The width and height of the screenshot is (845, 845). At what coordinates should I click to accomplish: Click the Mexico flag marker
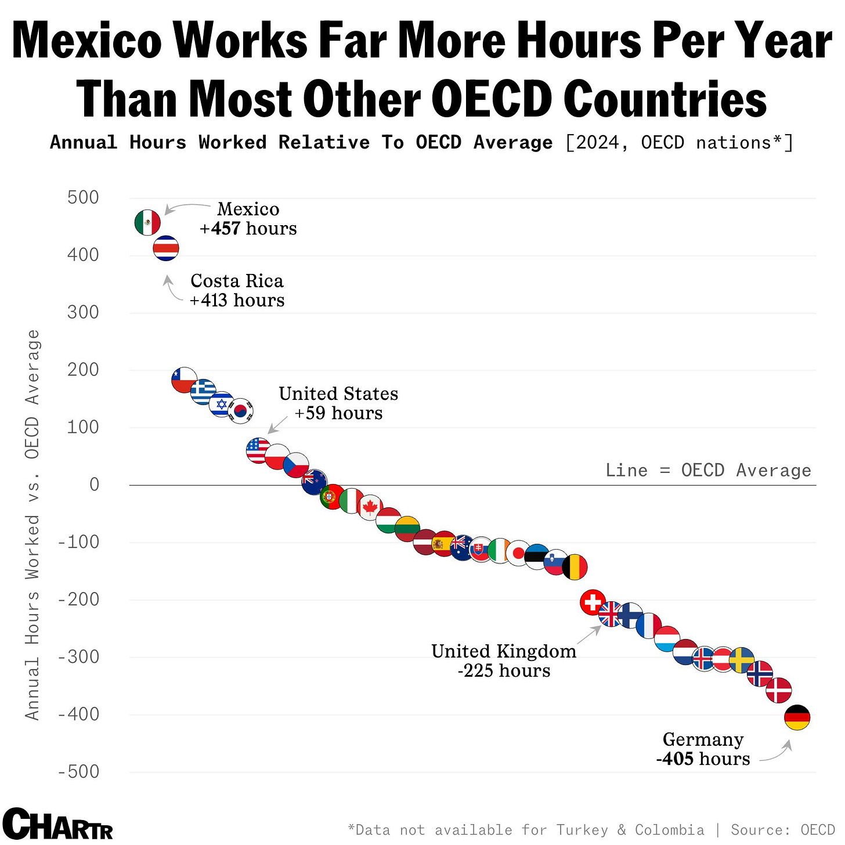click(x=147, y=222)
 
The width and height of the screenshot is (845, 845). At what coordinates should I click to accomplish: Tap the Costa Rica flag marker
click(x=166, y=248)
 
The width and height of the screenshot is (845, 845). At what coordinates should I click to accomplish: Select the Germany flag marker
click(x=797, y=718)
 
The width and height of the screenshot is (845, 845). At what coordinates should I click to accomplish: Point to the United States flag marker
click(x=258, y=450)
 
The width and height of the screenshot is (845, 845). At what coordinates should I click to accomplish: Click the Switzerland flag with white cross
click(x=593, y=602)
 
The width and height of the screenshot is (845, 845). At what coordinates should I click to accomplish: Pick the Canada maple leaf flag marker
click(x=370, y=508)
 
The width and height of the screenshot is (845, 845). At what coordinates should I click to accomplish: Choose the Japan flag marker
click(x=518, y=553)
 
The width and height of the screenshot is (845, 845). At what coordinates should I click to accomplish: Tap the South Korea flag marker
click(x=240, y=411)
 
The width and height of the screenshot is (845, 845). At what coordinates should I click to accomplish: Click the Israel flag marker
click(x=222, y=404)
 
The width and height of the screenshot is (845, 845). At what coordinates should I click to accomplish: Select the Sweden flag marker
click(x=741, y=660)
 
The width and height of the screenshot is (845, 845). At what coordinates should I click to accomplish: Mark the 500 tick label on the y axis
click(x=83, y=197)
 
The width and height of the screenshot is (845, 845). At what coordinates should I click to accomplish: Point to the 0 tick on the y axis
click(x=94, y=485)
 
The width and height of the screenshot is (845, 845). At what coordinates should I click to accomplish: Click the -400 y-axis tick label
click(x=79, y=714)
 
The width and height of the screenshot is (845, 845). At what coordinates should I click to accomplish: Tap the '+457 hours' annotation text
click(x=248, y=229)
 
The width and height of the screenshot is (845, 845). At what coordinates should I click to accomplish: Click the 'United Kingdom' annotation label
click(x=504, y=651)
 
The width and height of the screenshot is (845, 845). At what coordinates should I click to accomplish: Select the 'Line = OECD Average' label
click(x=708, y=470)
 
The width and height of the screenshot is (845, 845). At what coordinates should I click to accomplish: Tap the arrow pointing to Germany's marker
click(x=778, y=752)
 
